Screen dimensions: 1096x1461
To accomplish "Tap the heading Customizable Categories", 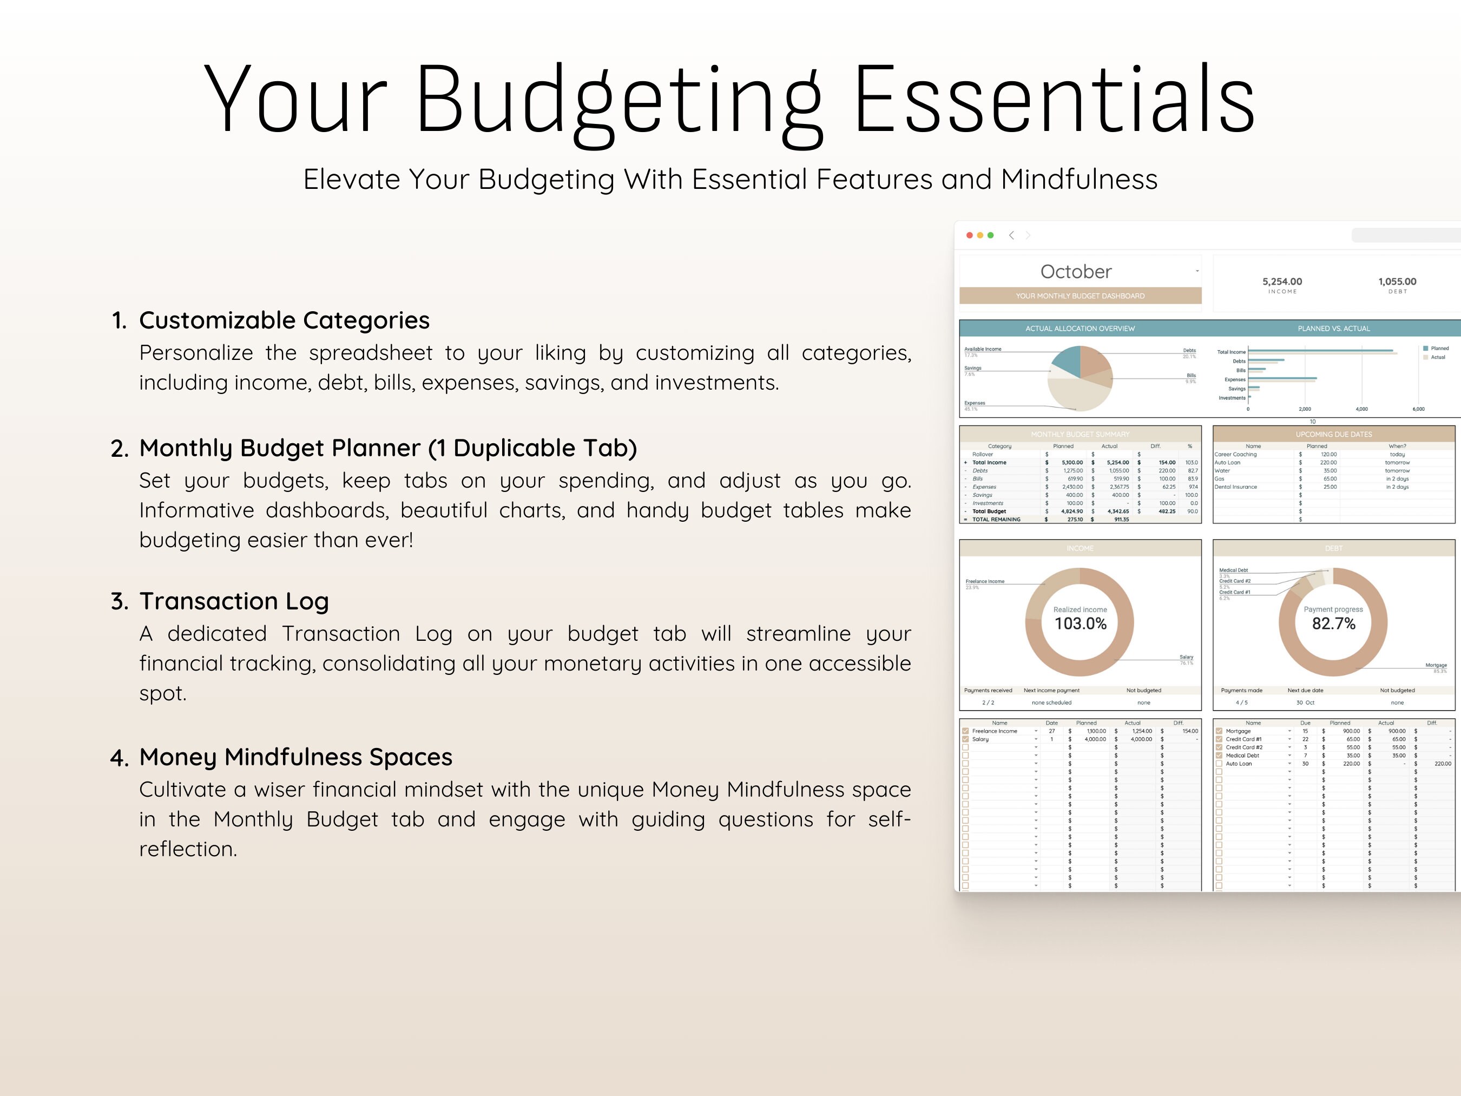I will tap(284, 320).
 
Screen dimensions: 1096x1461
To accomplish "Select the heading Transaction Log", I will tap(234, 601).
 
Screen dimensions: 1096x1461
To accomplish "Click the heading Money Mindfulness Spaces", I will tap(295, 757).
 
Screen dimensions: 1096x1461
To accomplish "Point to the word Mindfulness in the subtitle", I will tap(1078, 180).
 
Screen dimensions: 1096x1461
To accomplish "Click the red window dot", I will tap(969, 235).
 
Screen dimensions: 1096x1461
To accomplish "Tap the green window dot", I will tap(990, 235).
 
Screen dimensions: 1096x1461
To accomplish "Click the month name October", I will tap(1076, 272).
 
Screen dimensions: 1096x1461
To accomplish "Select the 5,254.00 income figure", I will tap(1282, 281).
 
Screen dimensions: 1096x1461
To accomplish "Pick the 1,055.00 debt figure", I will tap(1397, 281).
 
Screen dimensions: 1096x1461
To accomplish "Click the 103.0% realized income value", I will tap(1080, 624).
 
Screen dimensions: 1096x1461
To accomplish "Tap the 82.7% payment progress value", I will tap(1333, 624).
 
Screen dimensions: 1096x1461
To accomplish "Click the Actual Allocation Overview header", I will tap(1080, 329).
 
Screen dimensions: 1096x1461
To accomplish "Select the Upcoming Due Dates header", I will tap(1333, 434).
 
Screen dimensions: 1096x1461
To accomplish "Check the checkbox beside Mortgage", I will tap(1219, 731).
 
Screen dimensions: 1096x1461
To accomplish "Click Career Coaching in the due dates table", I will tap(1235, 455).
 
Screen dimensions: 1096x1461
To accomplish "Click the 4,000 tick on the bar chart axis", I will tap(1361, 410).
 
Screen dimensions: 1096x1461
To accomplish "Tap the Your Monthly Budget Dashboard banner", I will tap(1080, 296).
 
